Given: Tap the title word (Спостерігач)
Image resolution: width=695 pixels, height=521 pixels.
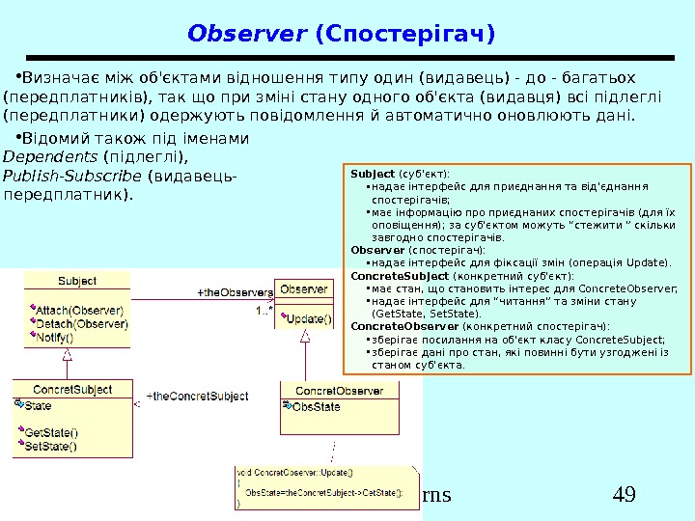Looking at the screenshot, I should tap(404, 35).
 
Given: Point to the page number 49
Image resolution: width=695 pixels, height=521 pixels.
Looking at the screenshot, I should tap(624, 496).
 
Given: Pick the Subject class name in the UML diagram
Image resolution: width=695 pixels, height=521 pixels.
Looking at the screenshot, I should tap(77, 281).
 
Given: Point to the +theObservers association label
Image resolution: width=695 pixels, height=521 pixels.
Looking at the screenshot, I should tap(234, 291).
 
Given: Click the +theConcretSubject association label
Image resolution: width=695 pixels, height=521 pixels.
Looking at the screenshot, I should tap(197, 397).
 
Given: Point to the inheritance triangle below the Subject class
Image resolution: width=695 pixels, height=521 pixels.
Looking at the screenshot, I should tap(68, 354).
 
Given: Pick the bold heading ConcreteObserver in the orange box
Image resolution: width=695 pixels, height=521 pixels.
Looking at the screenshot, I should tap(391, 326).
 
